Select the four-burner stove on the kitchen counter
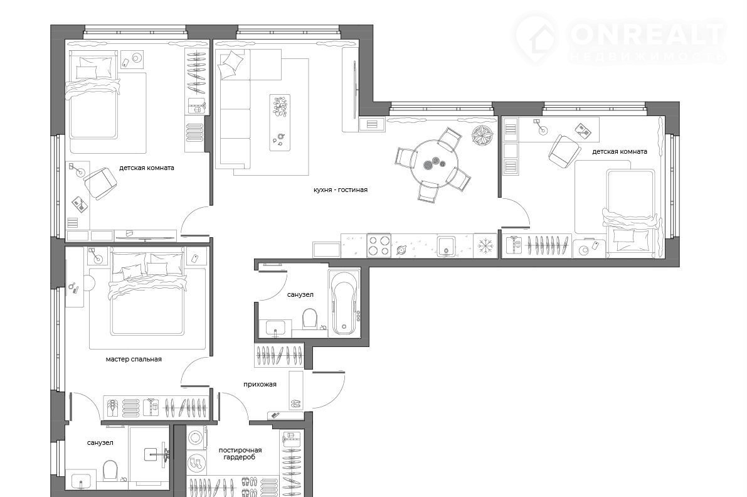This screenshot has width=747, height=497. [x=379, y=246]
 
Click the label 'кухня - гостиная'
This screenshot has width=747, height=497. [x=340, y=190]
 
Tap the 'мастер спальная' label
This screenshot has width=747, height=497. [x=134, y=360]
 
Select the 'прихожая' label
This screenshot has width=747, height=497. [x=260, y=384]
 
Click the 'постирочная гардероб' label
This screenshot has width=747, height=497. [x=240, y=453]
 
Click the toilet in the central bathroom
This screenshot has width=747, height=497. [x=310, y=318]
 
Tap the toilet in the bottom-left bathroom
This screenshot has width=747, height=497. [x=110, y=469]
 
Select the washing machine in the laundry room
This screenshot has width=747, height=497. [x=196, y=437]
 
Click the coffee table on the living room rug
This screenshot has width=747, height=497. [x=280, y=122]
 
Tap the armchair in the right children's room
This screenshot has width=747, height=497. [x=564, y=151]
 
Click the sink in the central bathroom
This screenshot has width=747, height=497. [x=275, y=328]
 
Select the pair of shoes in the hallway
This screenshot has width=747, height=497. [x=295, y=403]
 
